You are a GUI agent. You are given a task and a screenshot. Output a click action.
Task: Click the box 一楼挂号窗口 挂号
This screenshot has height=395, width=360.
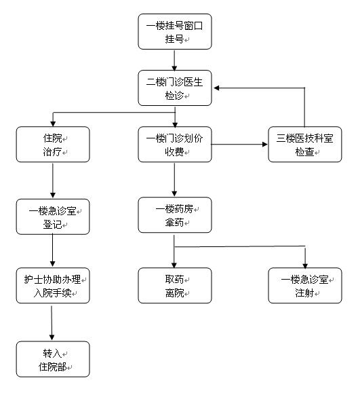coord(175,31)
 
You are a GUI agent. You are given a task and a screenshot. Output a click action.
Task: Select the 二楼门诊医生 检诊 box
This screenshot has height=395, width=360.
coord(175,88)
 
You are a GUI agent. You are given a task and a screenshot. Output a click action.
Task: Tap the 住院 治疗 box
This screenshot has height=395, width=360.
coord(53,145)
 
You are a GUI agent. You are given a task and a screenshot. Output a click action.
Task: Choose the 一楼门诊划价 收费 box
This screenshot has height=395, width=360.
coord(175,145)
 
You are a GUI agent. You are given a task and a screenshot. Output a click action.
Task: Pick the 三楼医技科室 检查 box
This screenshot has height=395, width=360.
coord(305,145)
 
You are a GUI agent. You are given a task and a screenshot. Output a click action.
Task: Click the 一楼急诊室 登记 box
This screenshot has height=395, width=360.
coord(53,217)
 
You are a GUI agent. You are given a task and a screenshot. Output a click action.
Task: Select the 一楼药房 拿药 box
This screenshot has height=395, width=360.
coord(175,215)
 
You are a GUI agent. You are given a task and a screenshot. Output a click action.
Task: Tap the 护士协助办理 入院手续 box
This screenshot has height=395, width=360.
coord(53,286)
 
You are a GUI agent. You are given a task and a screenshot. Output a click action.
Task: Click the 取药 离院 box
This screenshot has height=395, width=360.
coord(175,286)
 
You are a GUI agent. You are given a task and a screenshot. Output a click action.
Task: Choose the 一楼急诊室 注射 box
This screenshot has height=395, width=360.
coord(305,286)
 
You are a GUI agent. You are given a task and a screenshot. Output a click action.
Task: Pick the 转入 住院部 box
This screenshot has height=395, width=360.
coord(53,359)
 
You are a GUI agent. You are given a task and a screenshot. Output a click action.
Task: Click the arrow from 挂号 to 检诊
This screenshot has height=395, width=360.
coord(174,60)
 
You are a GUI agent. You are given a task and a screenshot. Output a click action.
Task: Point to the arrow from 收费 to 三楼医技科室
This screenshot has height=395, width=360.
coord(239,145)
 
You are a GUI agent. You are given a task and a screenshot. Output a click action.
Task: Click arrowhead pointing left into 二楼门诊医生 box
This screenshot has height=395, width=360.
coord(216,88)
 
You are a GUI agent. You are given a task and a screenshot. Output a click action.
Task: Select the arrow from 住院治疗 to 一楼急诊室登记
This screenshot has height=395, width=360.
coord(53,181)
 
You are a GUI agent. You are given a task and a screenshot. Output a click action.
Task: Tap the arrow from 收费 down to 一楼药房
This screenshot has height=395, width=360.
coord(174,179)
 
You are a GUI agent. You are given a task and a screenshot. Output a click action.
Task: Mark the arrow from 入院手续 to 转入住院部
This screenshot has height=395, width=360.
coord(52,323)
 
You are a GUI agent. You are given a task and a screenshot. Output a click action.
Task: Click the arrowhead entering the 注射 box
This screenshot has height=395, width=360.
coord(305,266)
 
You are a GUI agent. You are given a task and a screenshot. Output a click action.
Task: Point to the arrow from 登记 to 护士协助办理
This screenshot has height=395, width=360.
coord(53,250)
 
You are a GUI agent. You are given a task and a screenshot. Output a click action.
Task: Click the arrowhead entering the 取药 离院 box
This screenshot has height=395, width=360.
coord(174,265)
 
